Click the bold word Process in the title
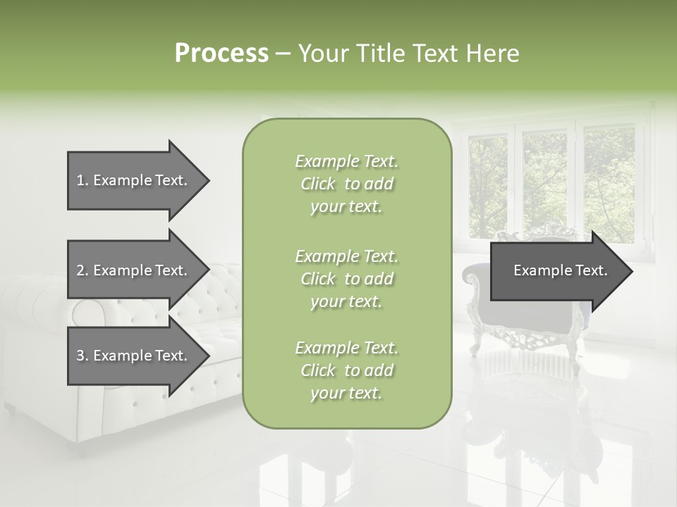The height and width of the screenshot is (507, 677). pyautogui.click(x=221, y=54)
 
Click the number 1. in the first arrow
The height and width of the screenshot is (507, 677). pyautogui.click(x=83, y=180)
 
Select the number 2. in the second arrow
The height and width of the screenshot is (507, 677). pyautogui.click(x=83, y=270)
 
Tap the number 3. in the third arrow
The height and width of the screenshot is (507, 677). pyautogui.click(x=83, y=356)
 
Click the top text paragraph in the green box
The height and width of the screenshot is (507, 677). pyautogui.click(x=346, y=184)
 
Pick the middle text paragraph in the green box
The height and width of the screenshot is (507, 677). pyautogui.click(x=346, y=279)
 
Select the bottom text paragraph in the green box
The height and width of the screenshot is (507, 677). pyautogui.click(x=346, y=370)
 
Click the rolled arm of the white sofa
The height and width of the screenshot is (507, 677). pyautogui.click(x=88, y=310)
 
